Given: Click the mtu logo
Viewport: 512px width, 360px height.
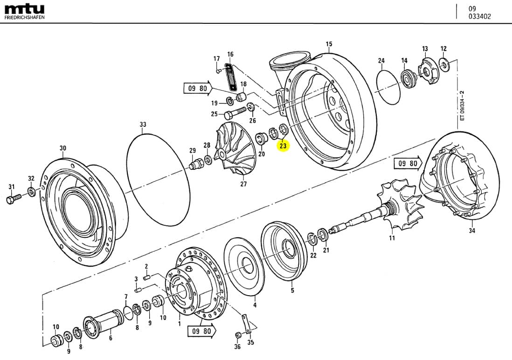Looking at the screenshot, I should pos(24,8).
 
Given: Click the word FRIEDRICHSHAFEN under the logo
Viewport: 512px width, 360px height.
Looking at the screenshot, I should pos(25,17).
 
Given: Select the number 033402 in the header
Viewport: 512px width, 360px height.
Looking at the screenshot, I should pos(479,17).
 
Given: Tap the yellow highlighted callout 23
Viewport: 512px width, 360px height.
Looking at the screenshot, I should pos(283,146).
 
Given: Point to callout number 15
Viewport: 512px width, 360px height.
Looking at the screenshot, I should pos(329,45).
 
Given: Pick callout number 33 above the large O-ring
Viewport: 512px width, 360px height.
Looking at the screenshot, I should pos(143,125).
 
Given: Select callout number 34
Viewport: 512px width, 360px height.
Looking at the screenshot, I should pos(472,230).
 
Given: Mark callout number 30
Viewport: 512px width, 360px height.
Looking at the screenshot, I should pos(62,148).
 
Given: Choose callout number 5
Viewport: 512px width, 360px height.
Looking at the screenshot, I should pos(292,291).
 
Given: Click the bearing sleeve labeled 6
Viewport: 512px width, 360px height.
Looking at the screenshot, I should pos(104,321).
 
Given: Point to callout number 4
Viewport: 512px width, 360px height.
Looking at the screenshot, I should pos(255,305).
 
